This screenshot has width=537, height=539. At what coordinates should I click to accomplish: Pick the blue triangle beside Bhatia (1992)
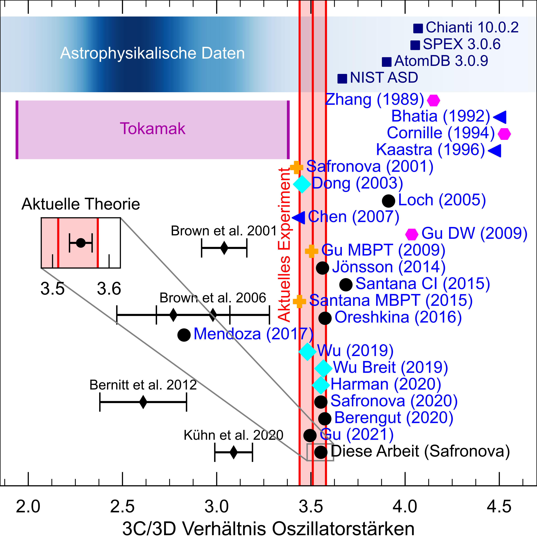tap(500, 117)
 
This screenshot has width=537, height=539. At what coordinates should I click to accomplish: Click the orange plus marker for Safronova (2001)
tap(296, 167)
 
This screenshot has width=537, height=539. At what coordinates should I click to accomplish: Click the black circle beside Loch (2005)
tap(388, 201)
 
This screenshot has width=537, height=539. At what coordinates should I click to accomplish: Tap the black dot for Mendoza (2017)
tap(184, 335)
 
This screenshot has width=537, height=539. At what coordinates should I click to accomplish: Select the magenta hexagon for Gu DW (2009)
tap(412, 234)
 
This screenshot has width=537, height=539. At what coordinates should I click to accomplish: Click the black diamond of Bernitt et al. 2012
tap(143, 402)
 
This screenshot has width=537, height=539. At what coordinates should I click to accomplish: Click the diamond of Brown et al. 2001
tap(224, 248)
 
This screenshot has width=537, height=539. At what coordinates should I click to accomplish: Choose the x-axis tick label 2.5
tap(122, 506)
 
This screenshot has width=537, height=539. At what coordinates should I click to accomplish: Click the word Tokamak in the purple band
tap(153, 129)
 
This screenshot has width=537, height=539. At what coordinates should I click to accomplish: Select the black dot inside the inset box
tap(81, 243)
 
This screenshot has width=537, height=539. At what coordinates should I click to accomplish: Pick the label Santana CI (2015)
tap(423, 284)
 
